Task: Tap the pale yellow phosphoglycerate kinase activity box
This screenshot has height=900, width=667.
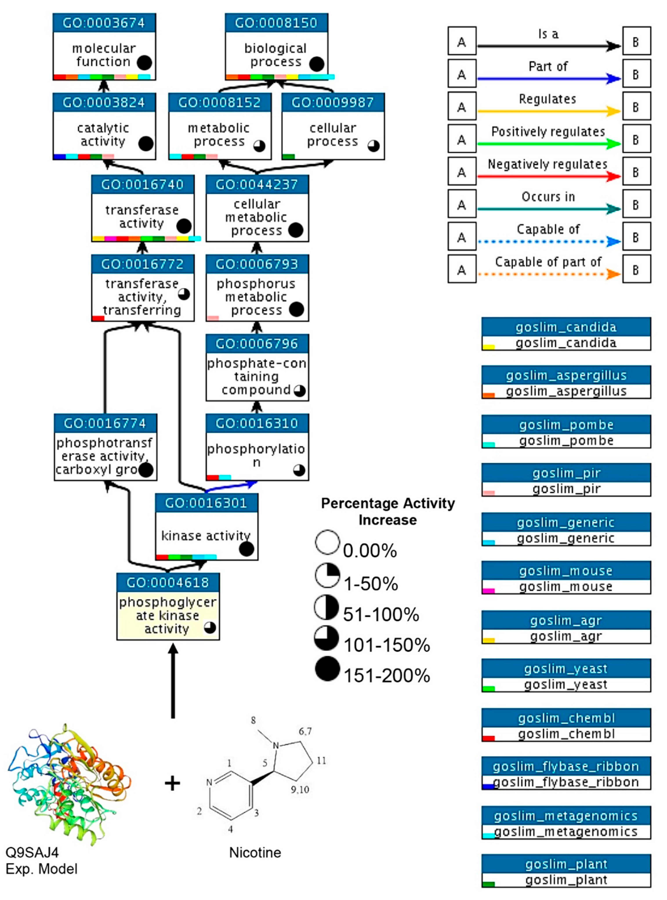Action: (168, 615)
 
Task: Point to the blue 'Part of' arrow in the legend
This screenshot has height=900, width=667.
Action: (548, 79)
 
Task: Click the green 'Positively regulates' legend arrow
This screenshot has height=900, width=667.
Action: (548, 144)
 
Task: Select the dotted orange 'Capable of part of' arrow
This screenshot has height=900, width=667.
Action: (548, 274)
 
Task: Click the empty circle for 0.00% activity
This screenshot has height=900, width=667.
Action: (327, 542)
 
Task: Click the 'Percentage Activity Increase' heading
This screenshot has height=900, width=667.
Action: (388, 511)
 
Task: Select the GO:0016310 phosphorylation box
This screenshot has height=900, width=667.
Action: (257, 447)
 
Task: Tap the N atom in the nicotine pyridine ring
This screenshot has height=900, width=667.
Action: (209, 783)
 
